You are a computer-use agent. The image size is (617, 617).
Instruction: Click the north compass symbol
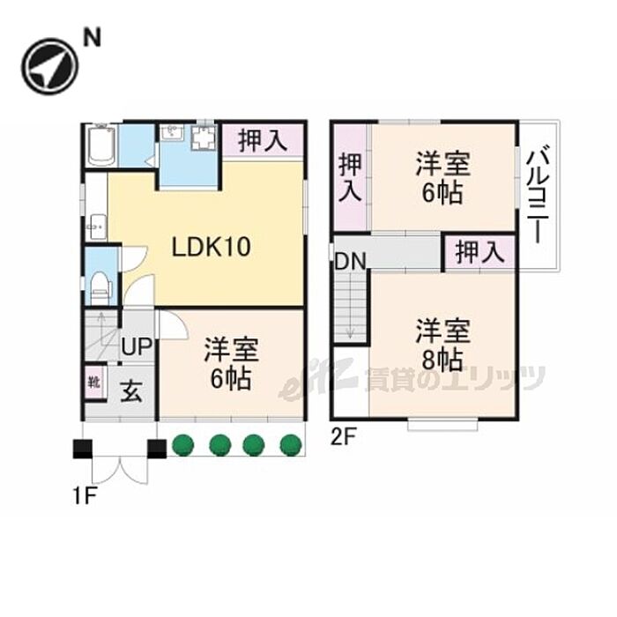(50, 66)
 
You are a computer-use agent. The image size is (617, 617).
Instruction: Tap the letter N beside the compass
(92, 38)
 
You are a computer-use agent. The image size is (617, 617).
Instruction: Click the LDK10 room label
(211, 247)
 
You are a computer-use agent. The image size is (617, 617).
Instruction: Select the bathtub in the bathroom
(102, 145)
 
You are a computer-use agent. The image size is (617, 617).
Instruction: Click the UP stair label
(137, 346)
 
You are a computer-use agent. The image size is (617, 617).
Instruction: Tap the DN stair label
(350, 261)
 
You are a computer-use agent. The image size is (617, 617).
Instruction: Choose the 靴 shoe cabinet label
(94, 382)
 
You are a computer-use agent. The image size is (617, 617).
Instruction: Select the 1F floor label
(84, 496)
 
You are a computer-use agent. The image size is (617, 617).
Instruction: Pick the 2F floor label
(343, 437)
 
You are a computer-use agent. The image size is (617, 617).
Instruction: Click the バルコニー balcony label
(538, 195)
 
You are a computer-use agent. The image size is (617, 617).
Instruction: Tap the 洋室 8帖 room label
(442, 345)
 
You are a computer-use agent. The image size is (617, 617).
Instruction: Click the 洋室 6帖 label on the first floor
(231, 363)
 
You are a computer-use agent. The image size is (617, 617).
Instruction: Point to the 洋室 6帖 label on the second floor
(442, 178)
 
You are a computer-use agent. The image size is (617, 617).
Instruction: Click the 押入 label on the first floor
(263, 141)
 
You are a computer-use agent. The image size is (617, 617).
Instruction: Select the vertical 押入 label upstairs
(350, 177)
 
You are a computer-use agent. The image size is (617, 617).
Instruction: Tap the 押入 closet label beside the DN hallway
(479, 252)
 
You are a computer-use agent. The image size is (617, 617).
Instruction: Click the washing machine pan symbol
(204, 138)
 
